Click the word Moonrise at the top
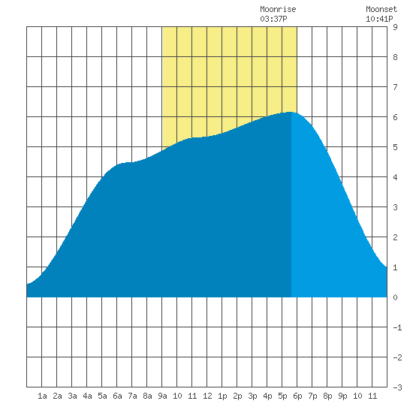pos(278,9)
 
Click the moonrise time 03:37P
pos(273,19)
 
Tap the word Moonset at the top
pos(381,9)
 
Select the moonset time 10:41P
pos(379,19)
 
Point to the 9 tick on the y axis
pos(395,27)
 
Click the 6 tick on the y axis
pos(395,117)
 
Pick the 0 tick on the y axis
pos(395,297)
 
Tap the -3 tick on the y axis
pos(397,387)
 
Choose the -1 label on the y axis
pos(397,327)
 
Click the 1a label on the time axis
pos(42,396)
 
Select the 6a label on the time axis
pos(117,396)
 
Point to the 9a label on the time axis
pos(162,396)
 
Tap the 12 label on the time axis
pos(207,396)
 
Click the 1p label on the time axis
pos(222,396)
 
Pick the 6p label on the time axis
pos(297,396)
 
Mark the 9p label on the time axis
pos(342,396)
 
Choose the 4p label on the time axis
pos(267,396)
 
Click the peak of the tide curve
pos(290,112)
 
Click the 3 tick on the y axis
pos(395,207)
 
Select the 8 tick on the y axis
pos(395,57)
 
